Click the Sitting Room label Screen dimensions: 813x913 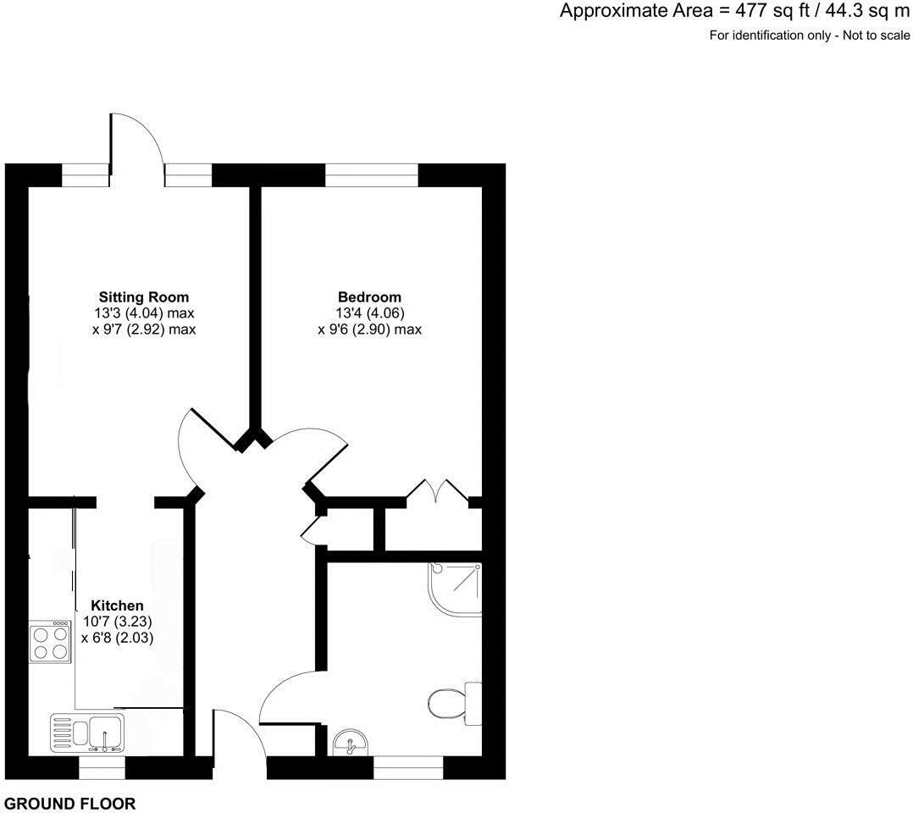pos(144,297)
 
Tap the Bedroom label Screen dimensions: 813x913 pos(369,297)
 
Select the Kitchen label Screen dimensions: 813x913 pos(117,606)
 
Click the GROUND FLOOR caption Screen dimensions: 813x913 pos(69,804)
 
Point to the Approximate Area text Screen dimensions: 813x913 pos(734,12)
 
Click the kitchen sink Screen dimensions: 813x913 pos(88,732)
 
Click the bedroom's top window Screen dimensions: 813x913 pos(372,174)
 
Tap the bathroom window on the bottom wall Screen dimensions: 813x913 pos(408,767)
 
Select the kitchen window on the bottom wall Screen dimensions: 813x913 pos(102,767)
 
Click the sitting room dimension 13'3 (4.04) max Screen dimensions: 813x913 pos(144,313)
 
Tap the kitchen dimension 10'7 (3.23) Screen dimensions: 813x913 pos(117,622)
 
